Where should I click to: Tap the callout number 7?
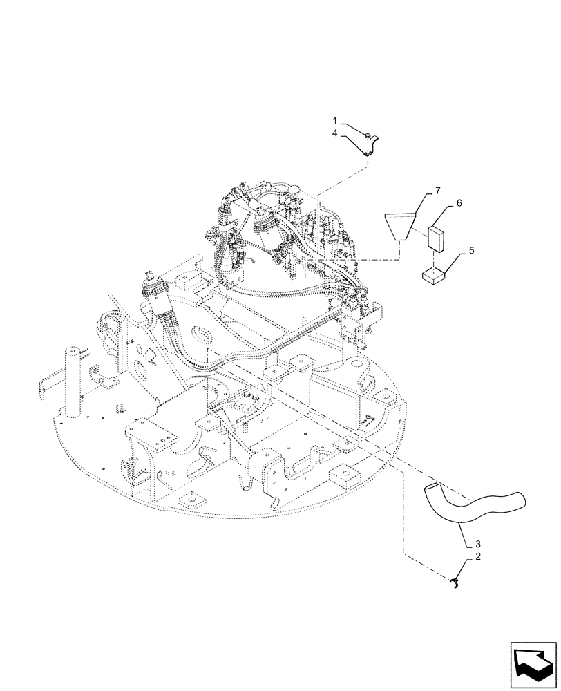pyautogui.click(x=437, y=189)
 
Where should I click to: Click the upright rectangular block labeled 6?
pyautogui.click(x=437, y=238)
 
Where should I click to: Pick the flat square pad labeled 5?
pyautogui.click(x=433, y=277)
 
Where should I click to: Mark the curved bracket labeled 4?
pyautogui.click(x=372, y=147)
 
